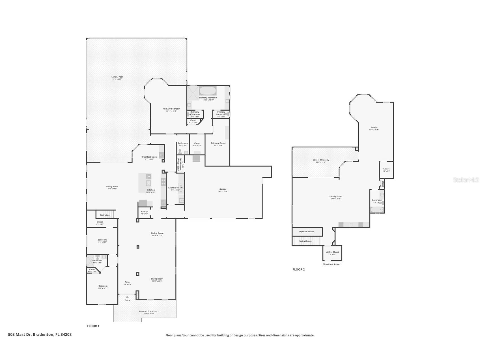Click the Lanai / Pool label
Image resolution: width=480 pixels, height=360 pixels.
point(117,77)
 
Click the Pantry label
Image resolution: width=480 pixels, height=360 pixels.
point(144,212)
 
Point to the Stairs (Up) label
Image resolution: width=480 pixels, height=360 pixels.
point(105,215)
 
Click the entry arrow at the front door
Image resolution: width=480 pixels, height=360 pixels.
point(127,297)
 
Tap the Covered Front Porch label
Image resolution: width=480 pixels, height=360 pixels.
point(149,311)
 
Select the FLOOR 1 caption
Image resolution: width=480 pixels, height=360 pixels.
point(93,326)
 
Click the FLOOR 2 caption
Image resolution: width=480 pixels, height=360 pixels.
point(299,269)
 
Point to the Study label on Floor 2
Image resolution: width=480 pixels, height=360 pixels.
point(374,128)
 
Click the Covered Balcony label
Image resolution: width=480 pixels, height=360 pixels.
point(321,160)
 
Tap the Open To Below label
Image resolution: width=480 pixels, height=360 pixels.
point(307,232)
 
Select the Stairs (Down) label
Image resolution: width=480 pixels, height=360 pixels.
point(306,241)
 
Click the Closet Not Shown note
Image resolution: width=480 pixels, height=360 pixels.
point(332,264)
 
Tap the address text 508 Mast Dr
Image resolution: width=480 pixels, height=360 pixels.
point(40,335)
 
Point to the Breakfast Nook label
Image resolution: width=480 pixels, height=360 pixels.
point(149,157)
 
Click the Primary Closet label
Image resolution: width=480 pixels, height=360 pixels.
point(218,143)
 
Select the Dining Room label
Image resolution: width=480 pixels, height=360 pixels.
point(157,233)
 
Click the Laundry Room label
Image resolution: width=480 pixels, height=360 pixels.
point(175,188)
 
